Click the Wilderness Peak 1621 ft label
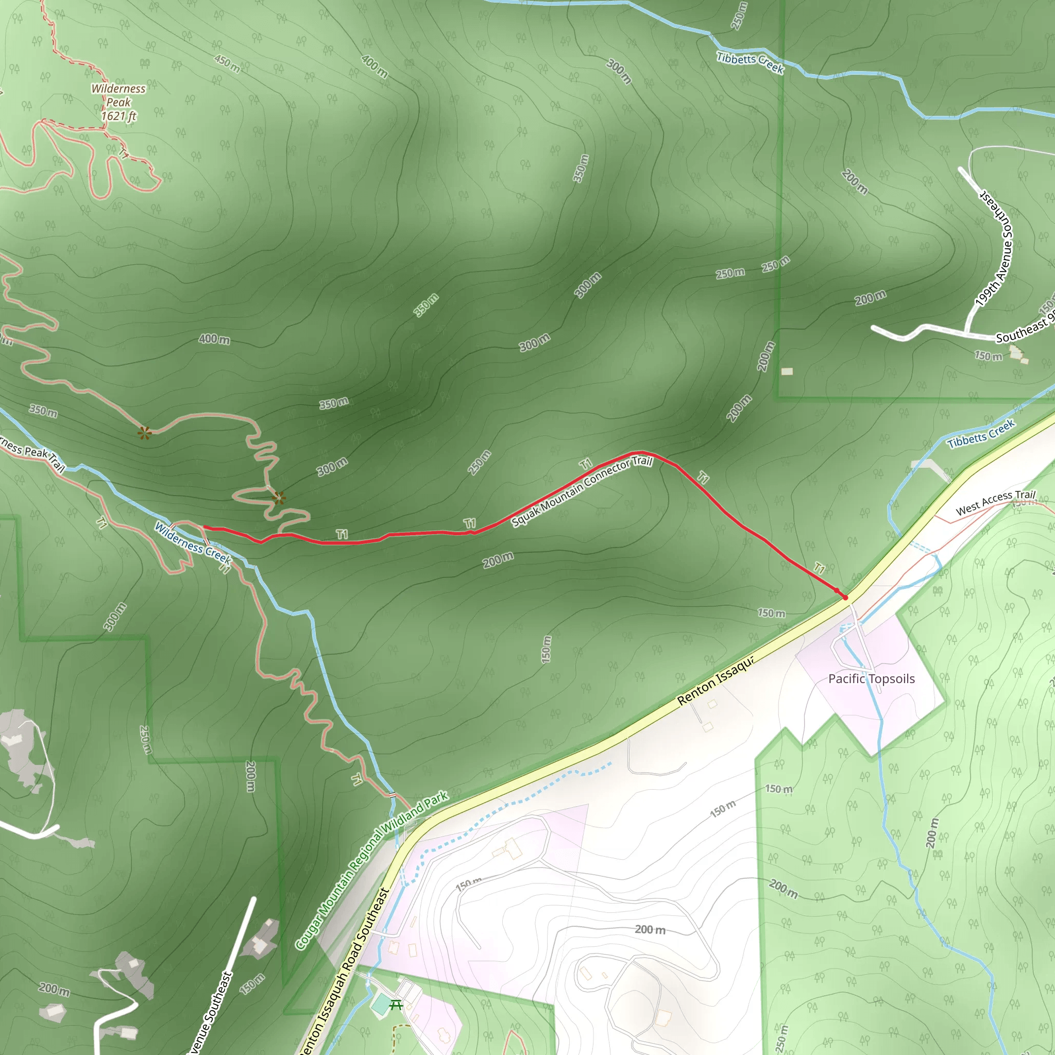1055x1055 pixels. (x=118, y=102)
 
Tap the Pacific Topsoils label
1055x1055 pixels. (x=871, y=679)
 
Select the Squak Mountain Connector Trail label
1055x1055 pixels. (x=582, y=491)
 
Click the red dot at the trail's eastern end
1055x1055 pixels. (x=845, y=598)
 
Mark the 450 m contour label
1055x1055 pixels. (x=227, y=64)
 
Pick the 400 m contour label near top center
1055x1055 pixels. (x=375, y=66)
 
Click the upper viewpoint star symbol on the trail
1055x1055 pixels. (x=144, y=433)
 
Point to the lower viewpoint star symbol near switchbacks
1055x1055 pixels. (x=279, y=498)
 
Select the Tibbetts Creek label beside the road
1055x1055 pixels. (x=981, y=434)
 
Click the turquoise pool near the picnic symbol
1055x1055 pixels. (x=380, y=1004)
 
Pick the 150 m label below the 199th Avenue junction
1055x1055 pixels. (x=989, y=356)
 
